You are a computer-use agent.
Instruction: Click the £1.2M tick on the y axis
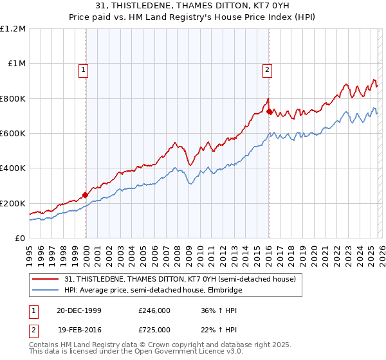[13, 29]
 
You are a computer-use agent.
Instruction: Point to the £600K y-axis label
[13, 134]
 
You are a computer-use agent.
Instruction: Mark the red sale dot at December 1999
[86, 195]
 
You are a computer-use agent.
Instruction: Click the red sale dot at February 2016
[268, 111]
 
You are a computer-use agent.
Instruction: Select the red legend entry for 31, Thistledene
[179, 279]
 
